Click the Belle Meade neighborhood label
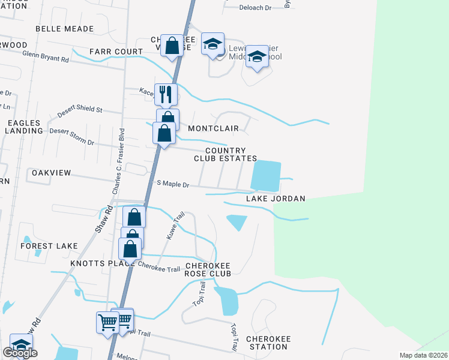pos(65,29)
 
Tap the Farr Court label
pos(116,52)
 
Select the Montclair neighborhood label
pos(213,128)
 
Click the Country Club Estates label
pos(225,155)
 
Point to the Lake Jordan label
pos(276,199)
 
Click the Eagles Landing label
pos(23,127)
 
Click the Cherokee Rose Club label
pos(208,269)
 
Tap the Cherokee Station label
pos(268,343)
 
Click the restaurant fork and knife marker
pos(166,94)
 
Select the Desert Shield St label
pos(80,112)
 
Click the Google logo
pos(20,353)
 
